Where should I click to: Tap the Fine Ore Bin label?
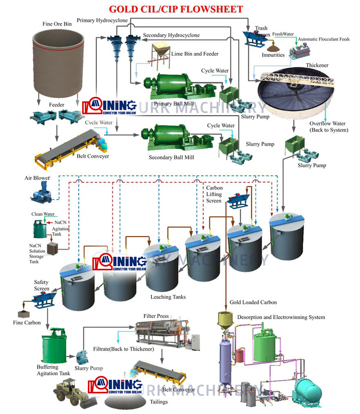(57, 24)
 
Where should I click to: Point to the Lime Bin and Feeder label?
(195, 54)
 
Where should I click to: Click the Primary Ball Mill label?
(171, 104)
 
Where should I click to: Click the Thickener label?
(317, 65)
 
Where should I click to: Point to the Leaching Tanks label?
(168, 297)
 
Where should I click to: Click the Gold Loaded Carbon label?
(253, 302)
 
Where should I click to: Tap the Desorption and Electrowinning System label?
(281, 317)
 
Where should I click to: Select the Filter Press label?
(156, 316)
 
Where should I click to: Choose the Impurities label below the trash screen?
(273, 55)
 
